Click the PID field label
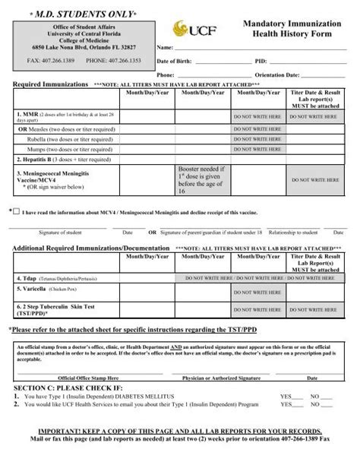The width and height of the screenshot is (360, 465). tap(260, 60)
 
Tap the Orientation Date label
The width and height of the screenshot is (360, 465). tap(258, 74)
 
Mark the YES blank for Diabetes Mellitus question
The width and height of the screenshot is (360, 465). tap(292, 397)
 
